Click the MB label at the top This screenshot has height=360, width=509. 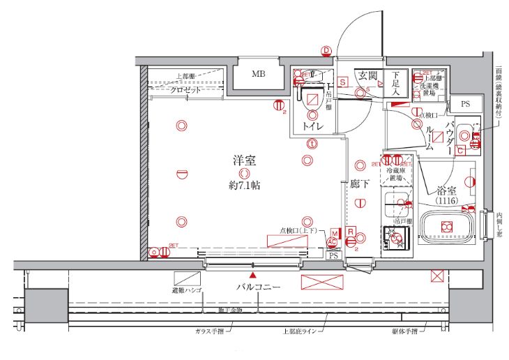point(259,73)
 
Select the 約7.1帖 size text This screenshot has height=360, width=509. point(243,186)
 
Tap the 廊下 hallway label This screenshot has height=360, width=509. point(359,184)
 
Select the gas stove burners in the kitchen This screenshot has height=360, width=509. point(397,239)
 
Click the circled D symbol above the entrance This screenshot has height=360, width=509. point(326,50)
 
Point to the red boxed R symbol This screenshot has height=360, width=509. point(351,232)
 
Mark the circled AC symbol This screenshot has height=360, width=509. point(332,242)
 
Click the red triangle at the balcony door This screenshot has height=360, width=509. point(253,277)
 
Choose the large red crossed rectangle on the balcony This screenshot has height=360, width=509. point(324,281)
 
